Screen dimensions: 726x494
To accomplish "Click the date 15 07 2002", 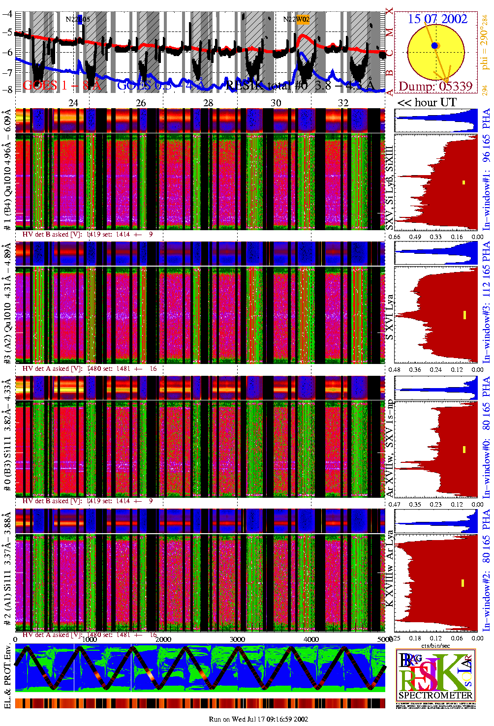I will click(x=437, y=19).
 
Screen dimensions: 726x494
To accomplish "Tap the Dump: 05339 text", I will click(x=435, y=87).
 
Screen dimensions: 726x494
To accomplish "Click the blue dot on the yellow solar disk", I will click(x=434, y=46).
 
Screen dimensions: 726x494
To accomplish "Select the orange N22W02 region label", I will click(x=296, y=20).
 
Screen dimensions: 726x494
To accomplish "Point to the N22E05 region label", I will click(x=78, y=20).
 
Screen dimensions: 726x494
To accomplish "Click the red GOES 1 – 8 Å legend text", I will click(x=62, y=86).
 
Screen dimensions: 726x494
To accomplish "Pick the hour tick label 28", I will click(x=208, y=103).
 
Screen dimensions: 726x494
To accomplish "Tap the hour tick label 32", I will click(x=343, y=103).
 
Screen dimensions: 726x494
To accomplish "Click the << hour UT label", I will click(x=427, y=103).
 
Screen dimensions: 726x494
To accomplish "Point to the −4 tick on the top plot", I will click(x=7, y=14).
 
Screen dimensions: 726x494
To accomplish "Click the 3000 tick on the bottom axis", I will click(x=237, y=639).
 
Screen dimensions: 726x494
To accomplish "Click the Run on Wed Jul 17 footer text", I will click(x=258, y=719).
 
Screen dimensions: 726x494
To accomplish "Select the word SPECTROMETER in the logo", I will click(x=435, y=696).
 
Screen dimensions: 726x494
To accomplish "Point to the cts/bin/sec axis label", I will click(x=435, y=645).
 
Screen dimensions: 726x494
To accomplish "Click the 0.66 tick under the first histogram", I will click(x=394, y=237).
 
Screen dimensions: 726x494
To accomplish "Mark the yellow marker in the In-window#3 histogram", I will click(x=464, y=315).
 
